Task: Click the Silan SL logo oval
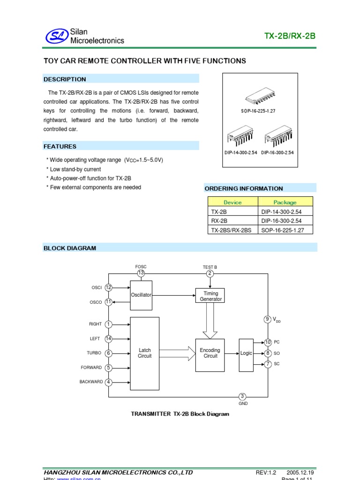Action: point(56,36)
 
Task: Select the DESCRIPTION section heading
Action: point(65,79)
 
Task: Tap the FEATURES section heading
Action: point(60,146)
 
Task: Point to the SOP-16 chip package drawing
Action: point(261,97)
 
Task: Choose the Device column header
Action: point(232,202)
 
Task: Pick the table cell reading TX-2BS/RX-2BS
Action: point(232,230)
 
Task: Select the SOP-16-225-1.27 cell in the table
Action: point(281,230)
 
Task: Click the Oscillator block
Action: point(141,295)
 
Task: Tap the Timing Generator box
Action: point(210,296)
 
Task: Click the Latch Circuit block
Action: point(145,353)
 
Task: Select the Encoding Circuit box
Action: point(210,353)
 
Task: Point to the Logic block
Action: point(246,353)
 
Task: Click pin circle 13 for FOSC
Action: point(141,273)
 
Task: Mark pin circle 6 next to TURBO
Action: point(109,353)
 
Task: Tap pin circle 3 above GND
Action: point(242,397)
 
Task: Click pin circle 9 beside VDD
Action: point(268,319)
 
